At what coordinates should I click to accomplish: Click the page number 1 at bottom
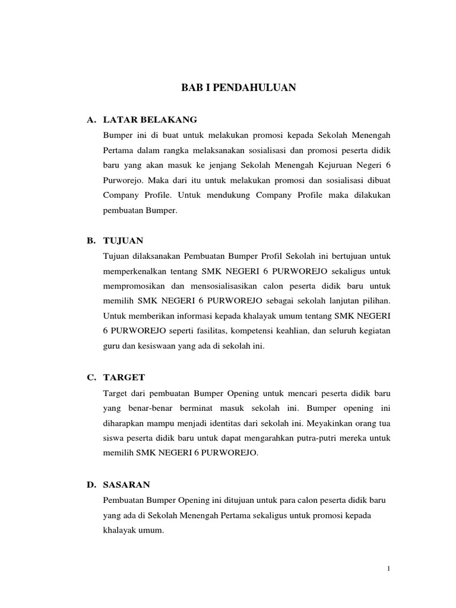point(388,569)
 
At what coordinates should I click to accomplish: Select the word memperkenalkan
point(135,271)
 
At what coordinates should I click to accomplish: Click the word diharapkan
point(123,424)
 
